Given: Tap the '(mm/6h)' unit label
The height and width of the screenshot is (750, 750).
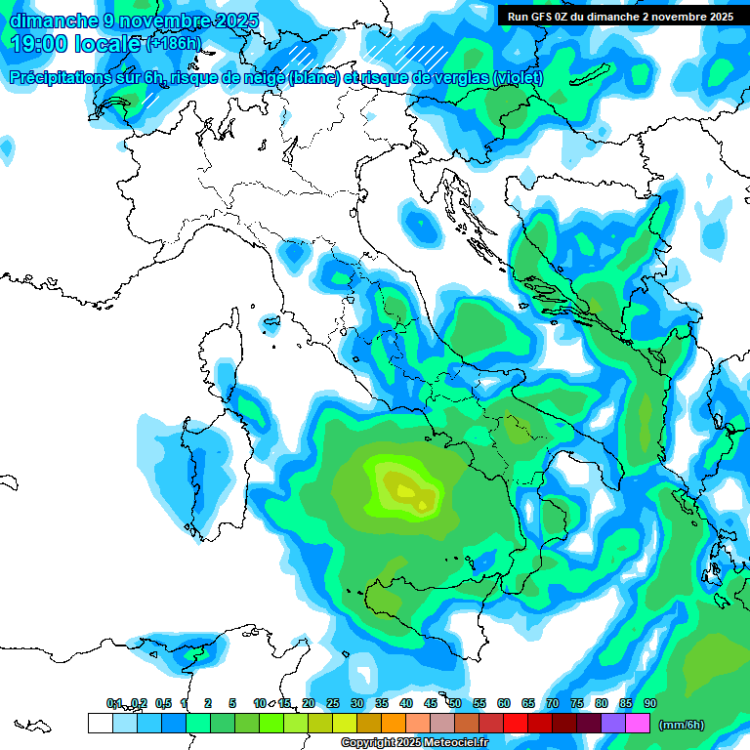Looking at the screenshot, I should [681, 725].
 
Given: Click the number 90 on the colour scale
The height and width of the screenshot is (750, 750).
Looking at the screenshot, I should [650, 703].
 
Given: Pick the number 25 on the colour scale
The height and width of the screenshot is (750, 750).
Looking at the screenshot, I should [333, 703].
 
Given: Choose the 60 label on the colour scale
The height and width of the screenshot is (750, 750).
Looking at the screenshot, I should [504, 703].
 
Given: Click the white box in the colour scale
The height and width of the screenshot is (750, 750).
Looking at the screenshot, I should [100, 724].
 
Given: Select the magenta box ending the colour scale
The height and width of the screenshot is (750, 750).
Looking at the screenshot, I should [638, 724].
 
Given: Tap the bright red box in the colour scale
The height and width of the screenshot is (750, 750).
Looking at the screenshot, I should [516, 724].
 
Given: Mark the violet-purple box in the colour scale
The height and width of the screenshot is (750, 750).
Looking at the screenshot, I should [613, 724].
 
